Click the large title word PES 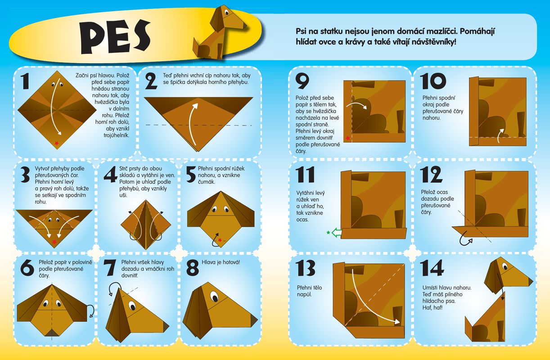coord(115,37)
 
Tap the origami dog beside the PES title coord(219,33)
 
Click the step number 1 coord(25,81)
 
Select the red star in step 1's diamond coord(57,143)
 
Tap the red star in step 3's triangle coord(54,242)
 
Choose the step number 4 coord(110,174)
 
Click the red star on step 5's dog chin coord(220,240)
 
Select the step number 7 coord(109,268)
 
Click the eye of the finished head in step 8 coord(214,297)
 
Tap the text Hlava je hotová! coord(221,262)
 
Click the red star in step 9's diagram coord(347,138)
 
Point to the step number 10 coord(433,81)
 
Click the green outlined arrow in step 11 coord(337,233)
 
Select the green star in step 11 coord(328,232)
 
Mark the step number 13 coord(305,268)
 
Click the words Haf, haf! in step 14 coord(433,307)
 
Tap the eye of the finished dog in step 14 coord(505,266)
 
